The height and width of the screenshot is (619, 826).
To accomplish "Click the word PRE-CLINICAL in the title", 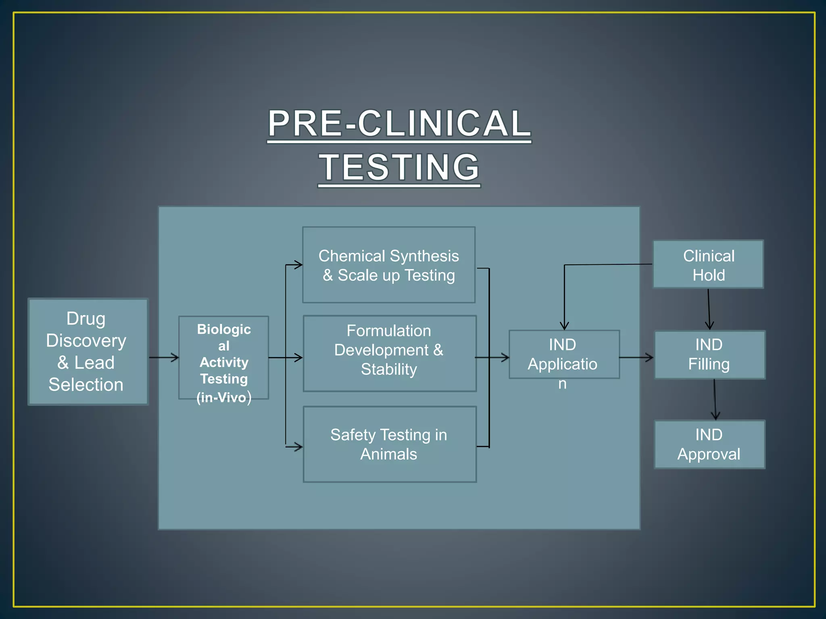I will [x=399, y=123].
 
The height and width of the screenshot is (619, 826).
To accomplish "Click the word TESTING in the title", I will [x=399, y=167].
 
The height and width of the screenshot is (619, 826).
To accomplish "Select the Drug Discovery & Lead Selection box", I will [x=88, y=351].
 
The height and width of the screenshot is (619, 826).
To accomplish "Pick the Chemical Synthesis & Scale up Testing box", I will [x=389, y=265].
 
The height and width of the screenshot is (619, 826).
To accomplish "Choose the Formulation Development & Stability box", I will [x=390, y=353].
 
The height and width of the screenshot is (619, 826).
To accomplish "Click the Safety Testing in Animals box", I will [x=390, y=444].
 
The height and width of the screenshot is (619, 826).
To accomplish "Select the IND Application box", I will [x=564, y=354].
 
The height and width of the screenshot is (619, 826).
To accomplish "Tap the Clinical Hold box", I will [x=708, y=264].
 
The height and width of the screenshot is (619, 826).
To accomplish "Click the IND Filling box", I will [x=709, y=355].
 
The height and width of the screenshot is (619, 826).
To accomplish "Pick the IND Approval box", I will [x=709, y=444].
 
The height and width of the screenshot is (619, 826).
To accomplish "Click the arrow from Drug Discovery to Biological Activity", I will [x=164, y=357].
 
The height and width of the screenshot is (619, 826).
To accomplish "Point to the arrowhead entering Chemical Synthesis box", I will [x=298, y=265].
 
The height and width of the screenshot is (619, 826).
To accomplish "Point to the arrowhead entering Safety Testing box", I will [x=298, y=447].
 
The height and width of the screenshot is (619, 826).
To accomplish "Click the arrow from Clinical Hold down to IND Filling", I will [x=709, y=309].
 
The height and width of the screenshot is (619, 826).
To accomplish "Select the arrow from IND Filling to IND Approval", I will [x=715, y=399].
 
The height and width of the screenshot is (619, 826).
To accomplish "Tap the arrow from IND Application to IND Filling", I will [x=636, y=357].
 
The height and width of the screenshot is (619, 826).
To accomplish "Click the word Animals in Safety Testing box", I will [x=388, y=454].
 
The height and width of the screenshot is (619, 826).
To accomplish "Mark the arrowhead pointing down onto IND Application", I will [x=564, y=326].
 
